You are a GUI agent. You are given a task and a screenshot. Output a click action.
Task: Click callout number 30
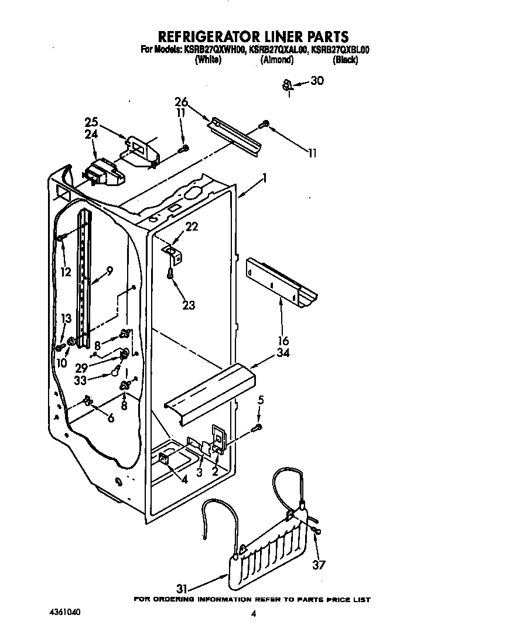(x=316, y=81)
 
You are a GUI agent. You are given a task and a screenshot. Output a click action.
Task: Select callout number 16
(x=283, y=341)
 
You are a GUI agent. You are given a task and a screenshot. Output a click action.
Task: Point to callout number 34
(x=283, y=352)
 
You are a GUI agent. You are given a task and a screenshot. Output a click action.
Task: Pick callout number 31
(x=181, y=587)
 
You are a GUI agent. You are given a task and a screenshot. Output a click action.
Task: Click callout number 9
(x=110, y=271)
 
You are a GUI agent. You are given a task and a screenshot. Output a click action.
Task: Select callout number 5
(x=261, y=400)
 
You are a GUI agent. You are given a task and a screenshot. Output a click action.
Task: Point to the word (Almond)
(x=276, y=60)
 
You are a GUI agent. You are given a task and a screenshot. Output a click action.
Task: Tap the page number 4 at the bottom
(x=253, y=614)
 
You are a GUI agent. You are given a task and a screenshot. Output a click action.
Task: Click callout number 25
(x=91, y=122)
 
